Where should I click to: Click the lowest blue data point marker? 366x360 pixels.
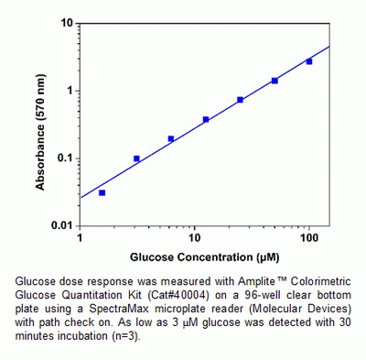(102, 192)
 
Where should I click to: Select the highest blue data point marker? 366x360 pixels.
(309, 61)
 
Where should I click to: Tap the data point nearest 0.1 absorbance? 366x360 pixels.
(136, 158)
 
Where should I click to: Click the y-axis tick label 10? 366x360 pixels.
(67, 23)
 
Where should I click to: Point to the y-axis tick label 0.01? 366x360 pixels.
(61, 225)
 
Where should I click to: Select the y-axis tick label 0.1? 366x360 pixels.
(64, 158)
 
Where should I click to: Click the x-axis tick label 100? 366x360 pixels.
(308, 238)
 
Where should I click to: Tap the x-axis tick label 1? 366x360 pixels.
(81, 238)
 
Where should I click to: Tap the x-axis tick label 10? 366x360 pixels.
(195, 238)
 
